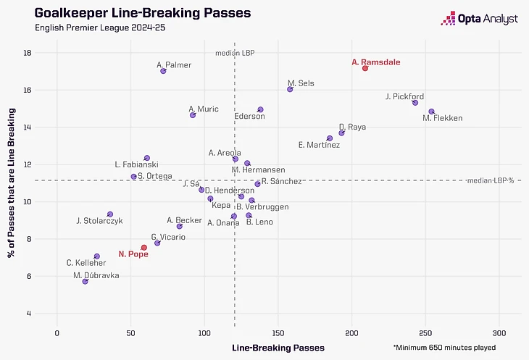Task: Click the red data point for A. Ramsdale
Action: pos(365,68)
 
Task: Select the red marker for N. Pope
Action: pos(144,248)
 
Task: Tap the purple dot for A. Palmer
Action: pos(163,71)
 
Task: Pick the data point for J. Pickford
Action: pos(415,103)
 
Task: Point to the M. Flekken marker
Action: pos(431,112)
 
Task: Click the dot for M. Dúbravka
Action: pos(86,281)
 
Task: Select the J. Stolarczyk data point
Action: pos(110,214)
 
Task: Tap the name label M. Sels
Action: pos(301,83)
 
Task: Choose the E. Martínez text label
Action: pos(319,146)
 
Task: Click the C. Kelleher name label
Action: pos(83,263)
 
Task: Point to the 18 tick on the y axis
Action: pos(46,53)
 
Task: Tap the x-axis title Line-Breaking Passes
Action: pos(278,348)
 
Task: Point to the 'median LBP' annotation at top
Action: pos(235,53)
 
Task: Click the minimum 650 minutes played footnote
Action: pos(445,348)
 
